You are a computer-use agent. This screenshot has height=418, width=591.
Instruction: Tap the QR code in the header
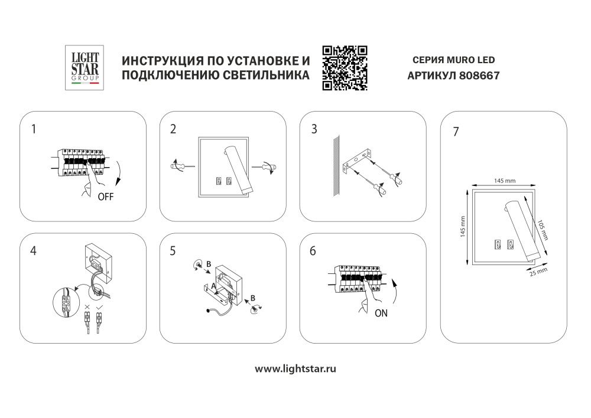tap(345, 68)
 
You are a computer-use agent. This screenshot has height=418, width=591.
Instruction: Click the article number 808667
tap(480, 76)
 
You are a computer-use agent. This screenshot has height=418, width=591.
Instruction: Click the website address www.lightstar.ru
tap(295, 368)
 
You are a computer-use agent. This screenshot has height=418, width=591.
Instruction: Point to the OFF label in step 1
tap(105, 197)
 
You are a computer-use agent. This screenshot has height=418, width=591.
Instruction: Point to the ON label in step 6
tap(381, 314)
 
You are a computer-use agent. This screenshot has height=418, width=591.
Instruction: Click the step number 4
tap(33, 250)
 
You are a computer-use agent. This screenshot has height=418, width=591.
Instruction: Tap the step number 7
tap(455, 132)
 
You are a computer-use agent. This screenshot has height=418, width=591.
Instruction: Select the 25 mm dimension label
tap(537, 272)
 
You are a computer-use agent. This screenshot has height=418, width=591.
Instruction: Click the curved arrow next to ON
tap(396, 292)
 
